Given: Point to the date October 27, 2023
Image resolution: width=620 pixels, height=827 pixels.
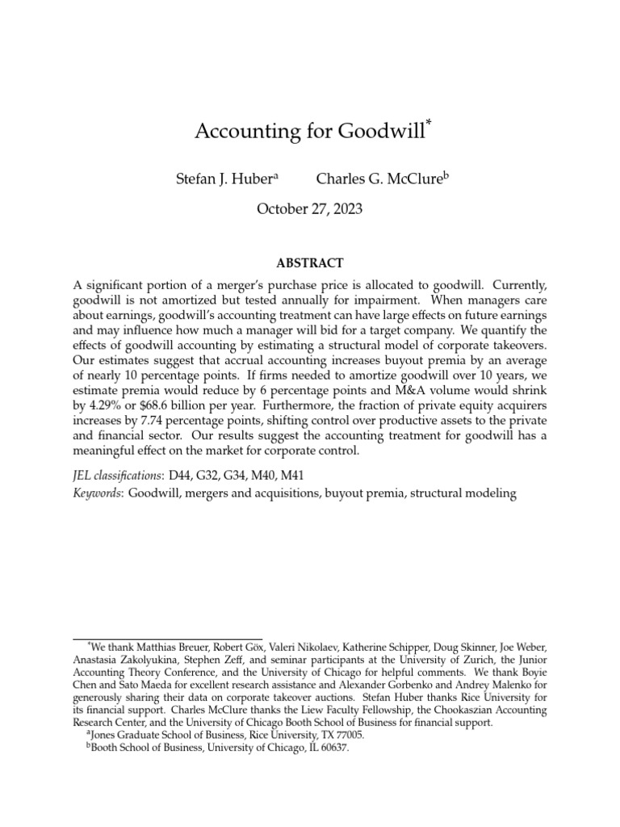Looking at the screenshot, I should coord(309,208).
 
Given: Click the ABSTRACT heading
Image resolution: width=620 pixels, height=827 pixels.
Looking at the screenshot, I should coord(310,263).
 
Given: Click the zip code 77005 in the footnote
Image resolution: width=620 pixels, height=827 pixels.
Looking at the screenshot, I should coord(347,736).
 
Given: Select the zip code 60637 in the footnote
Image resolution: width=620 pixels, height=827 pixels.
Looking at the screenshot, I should coord(333,748).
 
